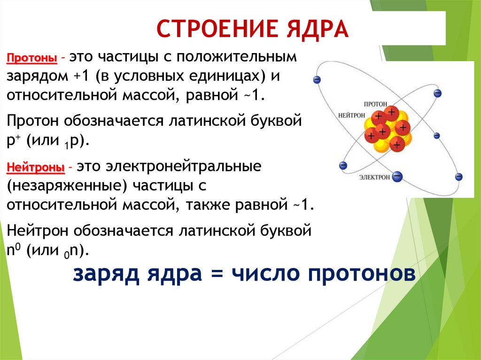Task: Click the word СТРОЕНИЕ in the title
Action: [217, 29]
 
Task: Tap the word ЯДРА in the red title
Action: [318, 29]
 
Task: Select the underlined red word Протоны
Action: [32, 58]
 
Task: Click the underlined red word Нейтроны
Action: [36, 168]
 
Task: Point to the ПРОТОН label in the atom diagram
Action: [375, 104]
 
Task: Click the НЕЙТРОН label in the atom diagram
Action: [351, 115]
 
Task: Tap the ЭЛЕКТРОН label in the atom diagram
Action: [374, 177]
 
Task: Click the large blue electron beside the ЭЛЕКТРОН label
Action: [397, 176]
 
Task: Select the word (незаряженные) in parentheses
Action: [67, 186]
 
